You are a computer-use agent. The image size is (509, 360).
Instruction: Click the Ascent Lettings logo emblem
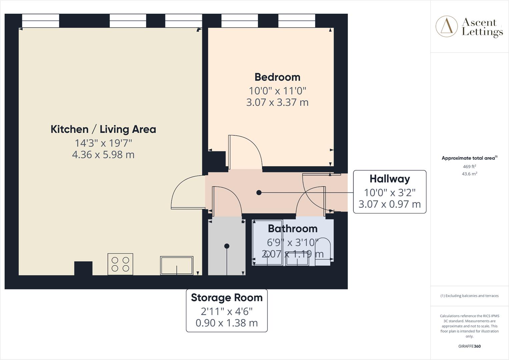point(446,26)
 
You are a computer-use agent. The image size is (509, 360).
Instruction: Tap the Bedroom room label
point(277,77)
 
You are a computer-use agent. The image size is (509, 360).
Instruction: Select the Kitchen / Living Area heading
point(103,129)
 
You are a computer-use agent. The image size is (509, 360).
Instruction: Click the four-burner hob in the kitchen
point(120,264)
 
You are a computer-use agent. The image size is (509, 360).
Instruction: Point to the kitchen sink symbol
point(176,265)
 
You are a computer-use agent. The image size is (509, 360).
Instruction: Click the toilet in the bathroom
point(323,254)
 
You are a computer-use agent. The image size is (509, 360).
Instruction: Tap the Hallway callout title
point(390,179)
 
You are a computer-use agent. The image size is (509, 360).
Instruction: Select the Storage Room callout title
point(226,297)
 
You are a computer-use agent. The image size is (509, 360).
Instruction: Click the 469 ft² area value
point(469,166)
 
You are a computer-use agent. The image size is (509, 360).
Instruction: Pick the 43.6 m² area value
point(469,174)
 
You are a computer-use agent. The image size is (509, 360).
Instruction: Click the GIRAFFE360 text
point(469,346)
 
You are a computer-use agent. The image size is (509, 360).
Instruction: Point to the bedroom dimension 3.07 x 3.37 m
point(277,102)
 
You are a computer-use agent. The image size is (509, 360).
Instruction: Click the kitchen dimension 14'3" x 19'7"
point(103,143)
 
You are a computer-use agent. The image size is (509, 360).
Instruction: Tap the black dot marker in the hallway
point(259,193)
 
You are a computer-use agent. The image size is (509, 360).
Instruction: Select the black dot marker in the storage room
point(227,246)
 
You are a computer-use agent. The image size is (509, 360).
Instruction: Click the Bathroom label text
point(293,229)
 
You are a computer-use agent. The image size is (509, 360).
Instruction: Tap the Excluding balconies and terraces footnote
point(469,296)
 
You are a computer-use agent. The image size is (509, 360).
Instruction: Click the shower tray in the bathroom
point(267,243)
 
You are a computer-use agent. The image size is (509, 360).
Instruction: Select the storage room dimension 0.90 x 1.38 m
point(226,323)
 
